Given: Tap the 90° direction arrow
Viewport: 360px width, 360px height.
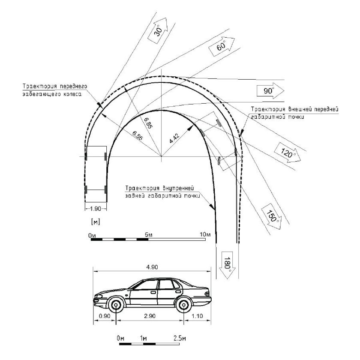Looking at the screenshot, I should click(269, 90).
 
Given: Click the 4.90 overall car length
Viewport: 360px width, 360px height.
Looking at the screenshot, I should click(152, 267).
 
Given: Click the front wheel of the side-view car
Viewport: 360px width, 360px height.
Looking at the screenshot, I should click(116, 306).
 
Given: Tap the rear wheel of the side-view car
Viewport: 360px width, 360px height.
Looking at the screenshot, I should click(183, 306).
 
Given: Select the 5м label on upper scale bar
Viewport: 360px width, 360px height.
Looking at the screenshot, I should click(148, 234).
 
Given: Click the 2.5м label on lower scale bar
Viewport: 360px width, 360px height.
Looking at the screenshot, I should click(180, 338).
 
